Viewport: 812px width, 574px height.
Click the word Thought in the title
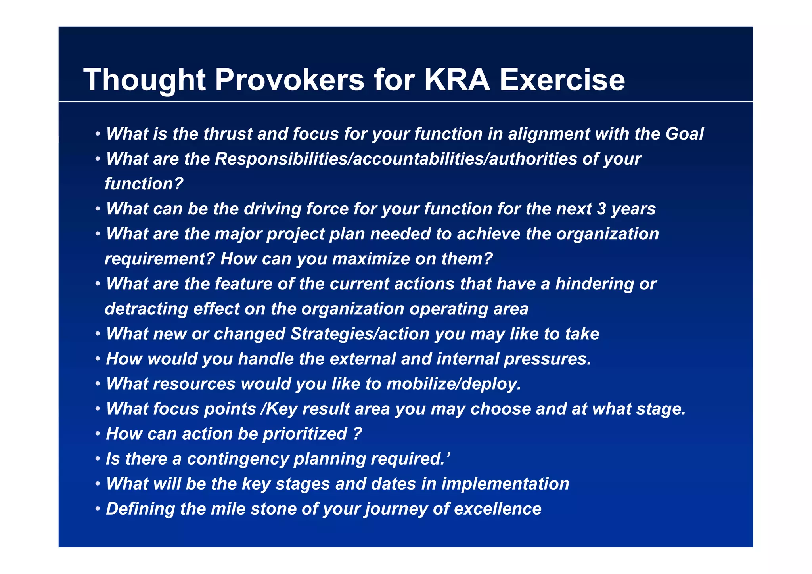coord(144,80)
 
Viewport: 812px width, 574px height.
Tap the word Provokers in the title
coord(289,80)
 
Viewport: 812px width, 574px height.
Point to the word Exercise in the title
coord(562,80)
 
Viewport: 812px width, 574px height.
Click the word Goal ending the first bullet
coord(684,134)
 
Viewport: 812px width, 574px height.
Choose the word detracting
coord(146,309)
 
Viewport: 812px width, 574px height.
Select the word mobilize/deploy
coord(454,384)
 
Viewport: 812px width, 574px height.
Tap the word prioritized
coord(305,434)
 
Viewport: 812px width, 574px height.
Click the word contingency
coord(237,459)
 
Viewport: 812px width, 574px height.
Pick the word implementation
coord(505,484)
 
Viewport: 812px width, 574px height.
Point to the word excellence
coord(498,509)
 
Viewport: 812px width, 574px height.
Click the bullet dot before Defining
coord(98,509)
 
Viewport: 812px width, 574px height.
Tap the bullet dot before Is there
coord(98,459)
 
